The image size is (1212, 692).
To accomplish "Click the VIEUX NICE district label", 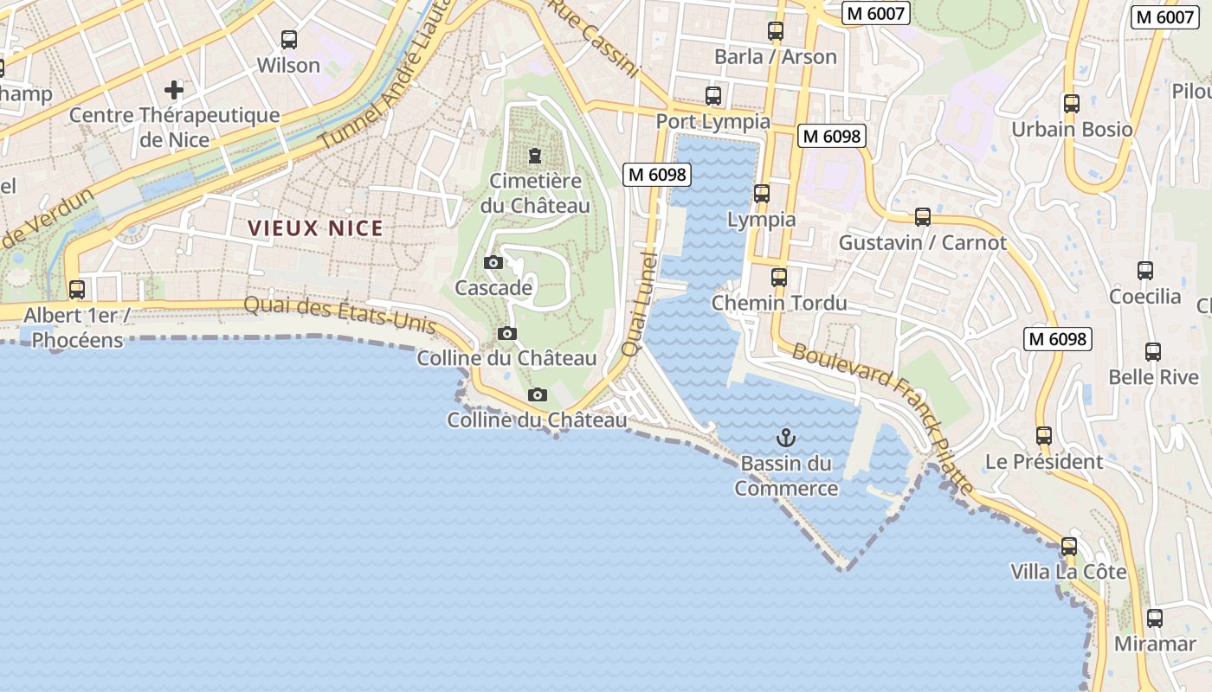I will (x=315, y=228).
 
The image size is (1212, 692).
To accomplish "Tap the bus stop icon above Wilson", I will (x=289, y=40).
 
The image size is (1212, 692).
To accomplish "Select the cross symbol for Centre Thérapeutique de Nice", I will (x=174, y=89).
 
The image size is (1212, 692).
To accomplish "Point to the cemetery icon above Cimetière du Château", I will (x=535, y=157).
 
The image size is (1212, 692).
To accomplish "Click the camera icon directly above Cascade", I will (x=493, y=262).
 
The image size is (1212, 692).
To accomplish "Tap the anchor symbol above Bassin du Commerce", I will (x=786, y=437).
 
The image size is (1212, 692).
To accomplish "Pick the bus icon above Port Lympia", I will (x=713, y=96).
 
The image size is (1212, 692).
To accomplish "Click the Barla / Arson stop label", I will (x=775, y=57).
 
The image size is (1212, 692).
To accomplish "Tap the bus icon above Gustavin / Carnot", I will (x=923, y=217).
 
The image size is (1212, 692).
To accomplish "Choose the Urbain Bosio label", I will (x=1072, y=130).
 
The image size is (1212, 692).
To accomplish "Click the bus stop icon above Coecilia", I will (x=1145, y=271).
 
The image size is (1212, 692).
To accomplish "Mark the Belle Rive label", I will (x=1153, y=377).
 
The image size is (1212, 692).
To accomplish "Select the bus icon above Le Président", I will (x=1044, y=436).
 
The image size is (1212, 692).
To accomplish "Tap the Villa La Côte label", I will (x=1068, y=572).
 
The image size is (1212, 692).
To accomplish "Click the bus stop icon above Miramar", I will (x=1155, y=618).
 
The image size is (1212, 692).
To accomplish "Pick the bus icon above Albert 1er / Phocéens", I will (x=77, y=290).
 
